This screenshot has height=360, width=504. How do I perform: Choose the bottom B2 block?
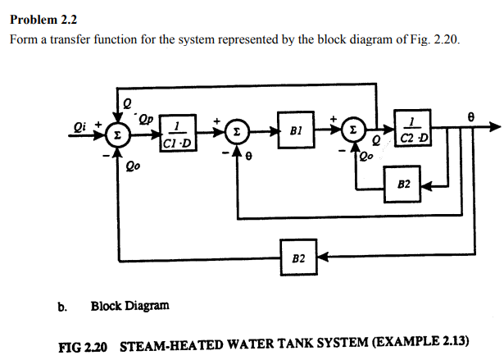click(x=297, y=257)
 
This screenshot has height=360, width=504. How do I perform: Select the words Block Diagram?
click(x=130, y=306)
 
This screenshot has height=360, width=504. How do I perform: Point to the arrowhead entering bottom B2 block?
click(x=320, y=257)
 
